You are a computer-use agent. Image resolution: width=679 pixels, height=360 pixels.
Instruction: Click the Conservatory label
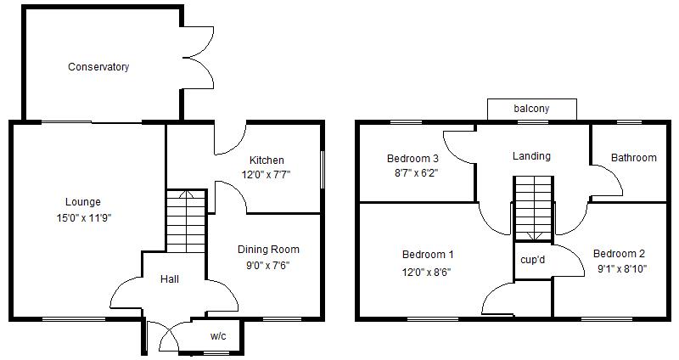point(98,67)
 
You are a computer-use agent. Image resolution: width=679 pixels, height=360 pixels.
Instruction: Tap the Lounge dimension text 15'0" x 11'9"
point(83,217)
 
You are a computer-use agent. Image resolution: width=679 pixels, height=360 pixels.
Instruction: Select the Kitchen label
point(267,160)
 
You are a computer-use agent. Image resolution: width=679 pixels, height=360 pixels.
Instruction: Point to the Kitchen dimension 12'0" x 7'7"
point(266,175)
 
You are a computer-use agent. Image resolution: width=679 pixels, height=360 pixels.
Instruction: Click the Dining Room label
point(268,250)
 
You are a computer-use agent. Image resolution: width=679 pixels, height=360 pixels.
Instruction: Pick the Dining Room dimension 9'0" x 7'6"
point(267,265)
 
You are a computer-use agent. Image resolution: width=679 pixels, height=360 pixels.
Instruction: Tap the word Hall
point(170,279)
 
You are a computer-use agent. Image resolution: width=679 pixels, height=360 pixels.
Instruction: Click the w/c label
point(218,336)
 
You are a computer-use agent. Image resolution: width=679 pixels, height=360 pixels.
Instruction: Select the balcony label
point(531,109)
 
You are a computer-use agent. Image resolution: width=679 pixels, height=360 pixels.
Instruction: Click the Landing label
point(532,156)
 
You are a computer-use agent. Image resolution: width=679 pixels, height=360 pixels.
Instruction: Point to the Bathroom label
point(633,157)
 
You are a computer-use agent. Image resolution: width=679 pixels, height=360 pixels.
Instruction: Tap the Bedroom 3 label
point(412,158)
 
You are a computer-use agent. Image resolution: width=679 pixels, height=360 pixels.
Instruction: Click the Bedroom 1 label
point(428,255)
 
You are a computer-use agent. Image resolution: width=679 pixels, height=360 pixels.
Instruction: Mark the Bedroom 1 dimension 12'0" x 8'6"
point(426,273)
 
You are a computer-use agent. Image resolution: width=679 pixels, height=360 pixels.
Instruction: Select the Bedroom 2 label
point(620,253)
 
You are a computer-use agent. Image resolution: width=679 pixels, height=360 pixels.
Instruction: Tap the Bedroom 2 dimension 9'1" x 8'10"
point(622,269)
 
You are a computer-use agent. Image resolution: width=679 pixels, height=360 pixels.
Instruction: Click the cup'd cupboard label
point(533,260)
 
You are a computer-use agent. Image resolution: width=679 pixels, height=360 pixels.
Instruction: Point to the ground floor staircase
point(186,221)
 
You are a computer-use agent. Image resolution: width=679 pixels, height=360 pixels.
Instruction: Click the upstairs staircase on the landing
point(534,208)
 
